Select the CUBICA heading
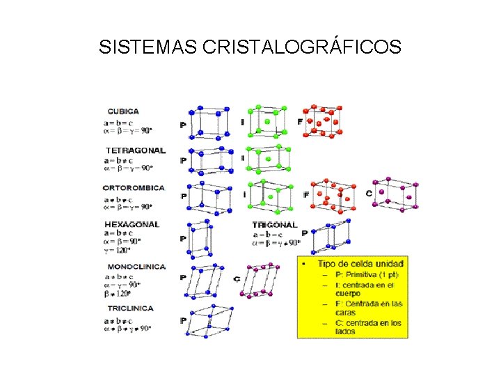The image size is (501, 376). click(122, 111)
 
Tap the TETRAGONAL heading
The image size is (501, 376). click(136, 150)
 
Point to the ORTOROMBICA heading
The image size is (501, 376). click(134, 188)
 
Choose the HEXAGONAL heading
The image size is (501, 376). click(132, 225)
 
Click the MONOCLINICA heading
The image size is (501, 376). click(136, 267)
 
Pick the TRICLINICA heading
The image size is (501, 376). click(130, 308)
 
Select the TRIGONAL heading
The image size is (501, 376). click(274, 225)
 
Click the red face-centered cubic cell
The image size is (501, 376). click(323, 120)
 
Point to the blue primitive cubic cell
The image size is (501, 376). click(209, 123)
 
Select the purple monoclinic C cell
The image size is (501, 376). click(261, 280)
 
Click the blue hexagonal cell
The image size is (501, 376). click(200, 239)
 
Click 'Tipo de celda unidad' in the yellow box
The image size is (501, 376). click(360, 264)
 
